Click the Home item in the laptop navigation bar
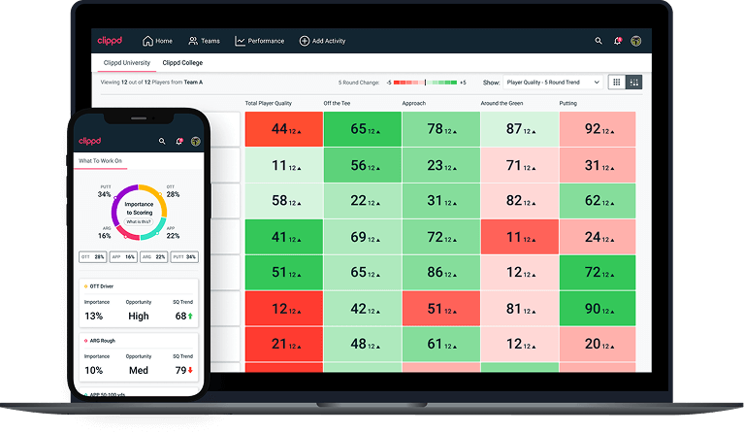tap(157, 41)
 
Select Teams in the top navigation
tap(204, 41)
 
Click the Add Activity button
tap(322, 41)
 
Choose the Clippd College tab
tap(182, 63)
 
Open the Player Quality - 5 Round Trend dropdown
tap(552, 83)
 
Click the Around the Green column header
tap(507, 103)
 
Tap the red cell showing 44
tap(283, 129)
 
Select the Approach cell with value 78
tap(440, 129)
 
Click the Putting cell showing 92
tap(597, 129)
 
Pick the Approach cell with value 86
tap(440, 273)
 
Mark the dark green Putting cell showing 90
tap(597, 309)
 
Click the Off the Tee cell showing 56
tap(362, 165)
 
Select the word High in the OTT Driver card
tap(139, 316)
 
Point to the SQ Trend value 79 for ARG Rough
tap(180, 370)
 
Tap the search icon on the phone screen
tap(162, 141)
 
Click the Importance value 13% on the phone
tap(94, 316)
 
